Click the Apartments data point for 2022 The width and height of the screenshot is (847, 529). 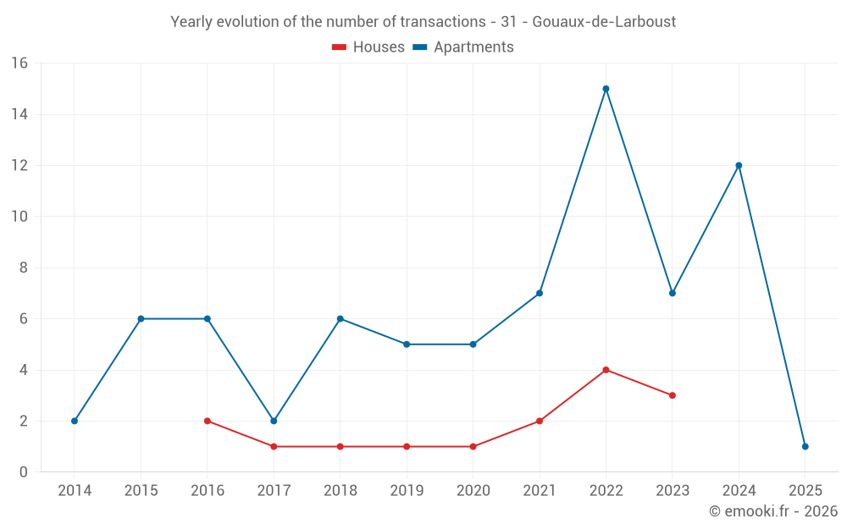pyautogui.click(x=606, y=89)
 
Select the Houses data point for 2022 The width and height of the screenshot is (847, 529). pyautogui.click(x=606, y=370)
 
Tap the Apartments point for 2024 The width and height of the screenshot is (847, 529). pyautogui.click(x=739, y=166)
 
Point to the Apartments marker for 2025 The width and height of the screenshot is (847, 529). pyautogui.click(x=805, y=446)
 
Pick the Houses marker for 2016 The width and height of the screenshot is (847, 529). pyautogui.click(x=208, y=421)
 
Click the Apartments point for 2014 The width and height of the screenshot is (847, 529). pyautogui.click(x=75, y=421)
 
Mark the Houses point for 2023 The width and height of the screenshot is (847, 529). pyautogui.click(x=673, y=395)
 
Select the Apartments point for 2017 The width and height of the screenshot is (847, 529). pyautogui.click(x=274, y=421)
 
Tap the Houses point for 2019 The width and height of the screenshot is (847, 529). pyautogui.click(x=407, y=446)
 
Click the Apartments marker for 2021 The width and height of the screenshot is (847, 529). pyautogui.click(x=540, y=293)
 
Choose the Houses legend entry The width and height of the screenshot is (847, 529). pyautogui.click(x=368, y=47)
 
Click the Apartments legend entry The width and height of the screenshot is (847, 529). pyautogui.click(x=463, y=47)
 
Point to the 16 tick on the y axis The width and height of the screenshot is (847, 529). pyautogui.click(x=19, y=63)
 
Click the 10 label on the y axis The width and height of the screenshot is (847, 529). pyautogui.click(x=19, y=217)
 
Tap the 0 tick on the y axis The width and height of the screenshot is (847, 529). pyautogui.click(x=24, y=472)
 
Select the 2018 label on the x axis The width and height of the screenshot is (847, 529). pyautogui.click(x=340, y=491)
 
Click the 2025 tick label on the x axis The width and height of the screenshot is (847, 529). pyautogui.click(x=805, y=491)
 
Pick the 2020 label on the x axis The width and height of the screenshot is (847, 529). pyautogui.click(x=473, y=491)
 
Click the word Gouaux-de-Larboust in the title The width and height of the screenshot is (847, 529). pyautogui.click(x=604, y=22)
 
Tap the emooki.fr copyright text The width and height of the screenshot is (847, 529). pyautogui.click(x=773, y=511)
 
